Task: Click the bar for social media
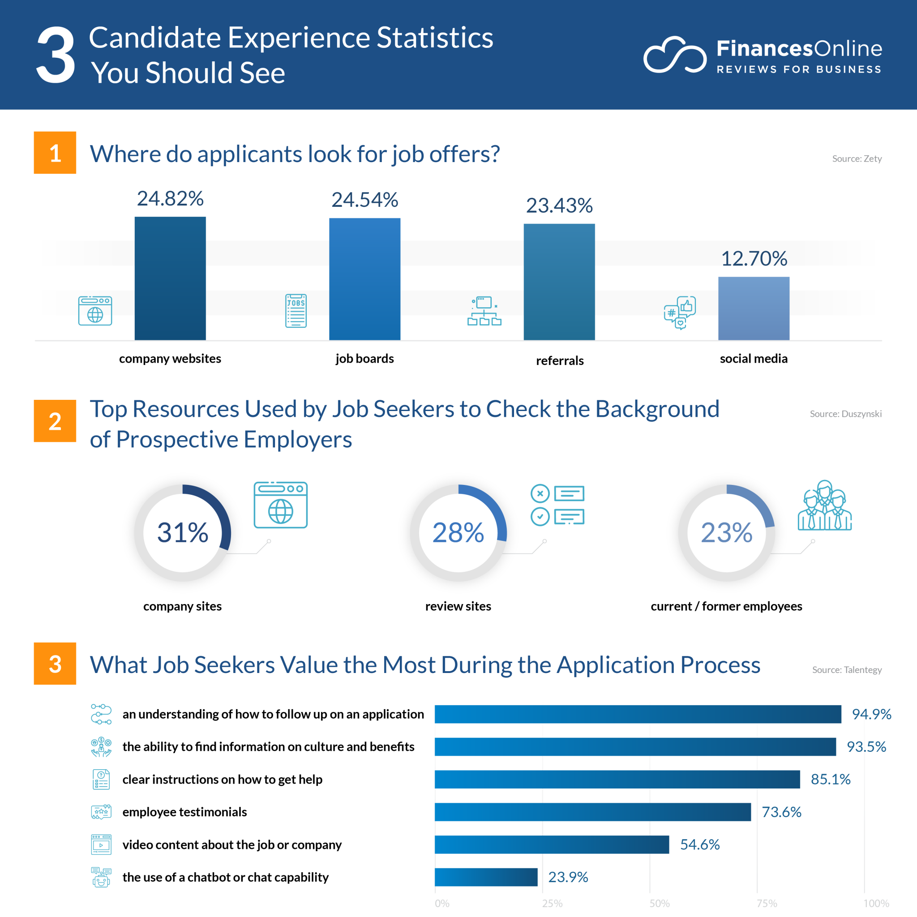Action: [754, 309]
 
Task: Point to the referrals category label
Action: [560, 361]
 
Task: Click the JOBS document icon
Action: [296, 311]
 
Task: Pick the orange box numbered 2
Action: [55, 421]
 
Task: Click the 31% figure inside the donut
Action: [183, 532]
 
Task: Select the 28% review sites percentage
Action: [458, 532]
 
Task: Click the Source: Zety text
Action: [857, 159]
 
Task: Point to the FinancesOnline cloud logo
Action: [674, 55]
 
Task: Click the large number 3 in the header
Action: [56, 55]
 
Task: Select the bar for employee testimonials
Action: [592, 812]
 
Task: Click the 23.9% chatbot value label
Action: [568, 877]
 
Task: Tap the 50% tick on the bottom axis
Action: [659, 903]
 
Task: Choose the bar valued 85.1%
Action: [617, 780]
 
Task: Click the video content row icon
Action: [101, 845]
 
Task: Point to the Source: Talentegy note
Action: [847, 670]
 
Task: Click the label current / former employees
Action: [726, 606]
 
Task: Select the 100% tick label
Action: [876, 903]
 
